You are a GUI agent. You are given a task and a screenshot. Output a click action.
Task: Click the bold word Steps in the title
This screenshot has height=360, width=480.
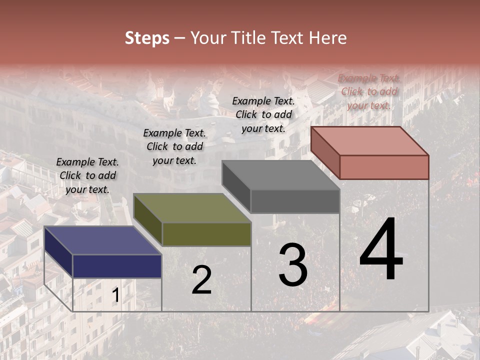tap(147, 38)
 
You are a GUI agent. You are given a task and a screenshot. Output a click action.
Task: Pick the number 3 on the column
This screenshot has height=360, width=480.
tap(293, 264)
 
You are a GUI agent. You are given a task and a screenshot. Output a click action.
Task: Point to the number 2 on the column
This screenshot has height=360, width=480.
tap(201, 280)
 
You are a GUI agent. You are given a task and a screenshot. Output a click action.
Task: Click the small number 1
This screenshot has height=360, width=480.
tap(115, 296)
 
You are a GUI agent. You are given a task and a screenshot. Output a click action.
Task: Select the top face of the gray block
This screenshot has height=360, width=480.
tap(280, 175)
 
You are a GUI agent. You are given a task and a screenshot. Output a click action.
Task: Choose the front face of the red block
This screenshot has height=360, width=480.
tap(384, 167)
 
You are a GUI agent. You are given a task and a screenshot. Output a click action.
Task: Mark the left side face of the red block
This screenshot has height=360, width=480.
tap(325, 152)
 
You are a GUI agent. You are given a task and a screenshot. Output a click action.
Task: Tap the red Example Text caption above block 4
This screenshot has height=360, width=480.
tap(369, 91)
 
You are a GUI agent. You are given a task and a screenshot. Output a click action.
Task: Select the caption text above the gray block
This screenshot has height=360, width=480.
tap(263, 114)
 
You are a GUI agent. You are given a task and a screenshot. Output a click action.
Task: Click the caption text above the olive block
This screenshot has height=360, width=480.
tap(174, 146)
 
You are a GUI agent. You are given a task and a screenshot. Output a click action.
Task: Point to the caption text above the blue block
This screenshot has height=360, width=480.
tap(87, 175)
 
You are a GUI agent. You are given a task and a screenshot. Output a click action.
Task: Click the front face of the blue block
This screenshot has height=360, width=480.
tap(117, 266)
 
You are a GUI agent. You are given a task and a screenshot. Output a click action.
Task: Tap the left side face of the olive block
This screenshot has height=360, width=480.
tap(147, 219)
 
